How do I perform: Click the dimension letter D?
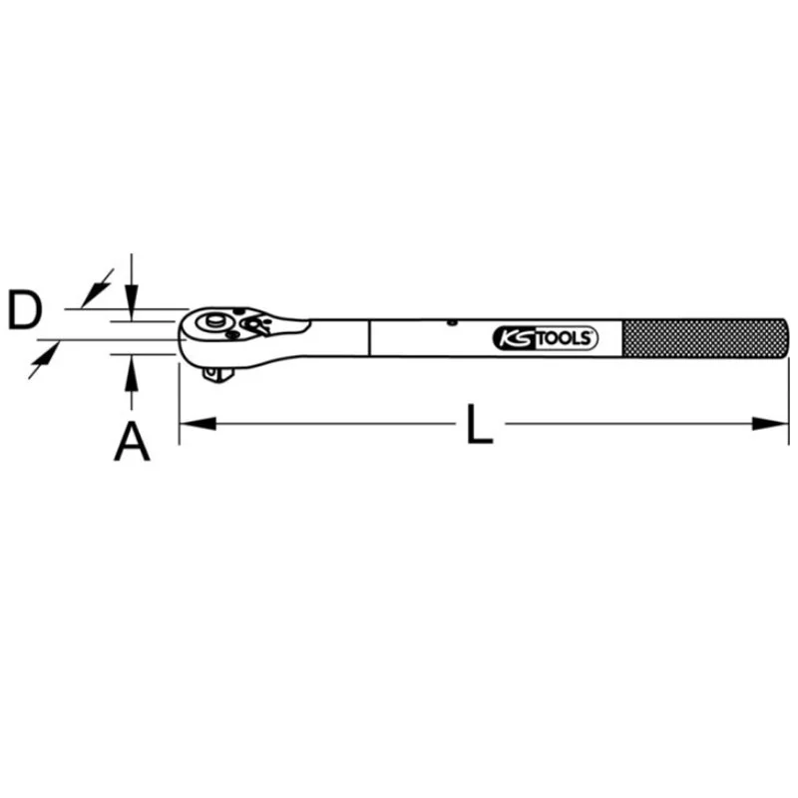[x=25, y=309]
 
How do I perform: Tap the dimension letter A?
[x=132, y=441]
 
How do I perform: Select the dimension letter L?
[x=480, y=424]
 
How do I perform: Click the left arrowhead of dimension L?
[x=198, y=423]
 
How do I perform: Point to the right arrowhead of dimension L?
[x=770, y=423]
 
